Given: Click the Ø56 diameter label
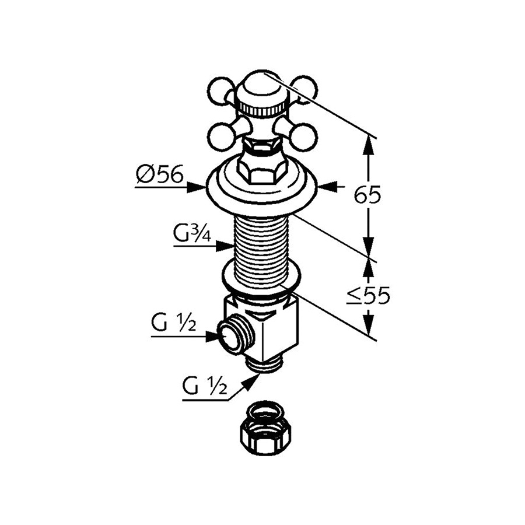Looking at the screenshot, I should (159, 173).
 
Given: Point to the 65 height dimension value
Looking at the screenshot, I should (367, 195).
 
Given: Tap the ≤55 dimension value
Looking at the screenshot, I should (367, 296).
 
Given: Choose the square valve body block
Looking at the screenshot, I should (274, 330).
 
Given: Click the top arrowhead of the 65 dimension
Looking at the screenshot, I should (367, 143).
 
